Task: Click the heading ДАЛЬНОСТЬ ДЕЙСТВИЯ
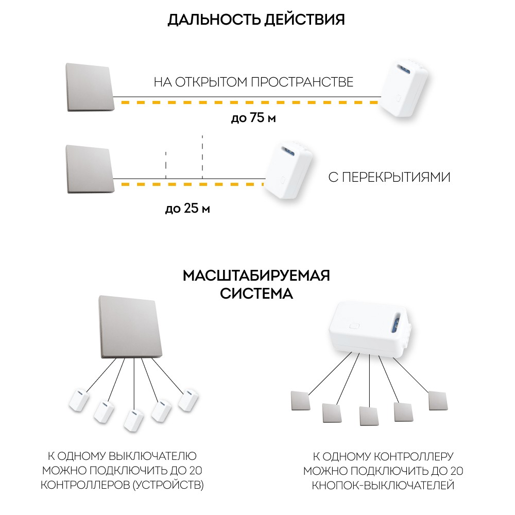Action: pos(256,20)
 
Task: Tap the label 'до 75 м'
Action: pos(253,117)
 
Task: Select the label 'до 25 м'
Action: pos(187,208)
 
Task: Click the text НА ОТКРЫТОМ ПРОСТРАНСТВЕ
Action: pos(253,82)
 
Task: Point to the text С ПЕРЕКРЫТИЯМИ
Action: pos(389,177)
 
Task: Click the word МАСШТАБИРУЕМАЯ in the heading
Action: pos(256,276)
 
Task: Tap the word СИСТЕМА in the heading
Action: pos(256,294)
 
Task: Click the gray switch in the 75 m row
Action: pos(90,88)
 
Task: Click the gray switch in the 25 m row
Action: pos(90,169)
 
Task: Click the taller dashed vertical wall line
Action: pos(202,157)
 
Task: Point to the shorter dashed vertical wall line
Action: pos(166,165)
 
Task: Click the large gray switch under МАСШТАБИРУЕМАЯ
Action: pos(130,327)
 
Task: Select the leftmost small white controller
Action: pos(79,400)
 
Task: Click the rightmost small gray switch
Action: pos(438,401)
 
